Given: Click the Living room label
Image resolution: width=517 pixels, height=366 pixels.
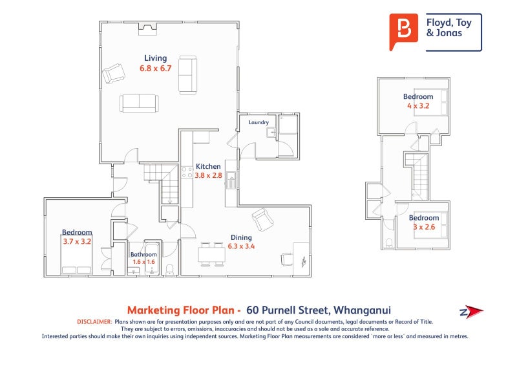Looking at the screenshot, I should point(155,58).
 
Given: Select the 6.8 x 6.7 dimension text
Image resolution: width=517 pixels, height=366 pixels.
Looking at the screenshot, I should point(155,68).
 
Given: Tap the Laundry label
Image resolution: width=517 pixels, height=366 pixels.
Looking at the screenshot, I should point(258,122).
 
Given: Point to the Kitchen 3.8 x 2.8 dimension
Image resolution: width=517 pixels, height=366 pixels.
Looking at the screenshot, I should point(208,175).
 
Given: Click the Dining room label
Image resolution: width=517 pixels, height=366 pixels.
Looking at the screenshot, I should point(241,237).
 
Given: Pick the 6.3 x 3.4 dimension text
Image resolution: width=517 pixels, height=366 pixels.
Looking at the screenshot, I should point(241,246).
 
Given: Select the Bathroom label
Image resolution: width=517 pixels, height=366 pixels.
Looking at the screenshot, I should point(143,254).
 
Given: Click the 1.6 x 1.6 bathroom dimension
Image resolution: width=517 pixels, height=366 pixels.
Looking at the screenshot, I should point(143,262).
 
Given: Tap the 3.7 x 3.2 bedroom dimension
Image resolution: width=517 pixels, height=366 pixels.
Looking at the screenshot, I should point(77,241).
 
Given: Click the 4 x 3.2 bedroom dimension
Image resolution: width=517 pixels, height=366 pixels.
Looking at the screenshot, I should point(418,105).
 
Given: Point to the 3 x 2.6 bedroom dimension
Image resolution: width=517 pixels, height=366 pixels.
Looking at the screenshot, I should point(424,226).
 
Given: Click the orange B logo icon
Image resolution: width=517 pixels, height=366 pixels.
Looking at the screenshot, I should point(405,30).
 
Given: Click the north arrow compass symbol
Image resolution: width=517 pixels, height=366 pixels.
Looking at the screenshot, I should point(471,312).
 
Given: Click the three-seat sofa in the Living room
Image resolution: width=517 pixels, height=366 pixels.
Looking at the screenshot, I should point(138,103).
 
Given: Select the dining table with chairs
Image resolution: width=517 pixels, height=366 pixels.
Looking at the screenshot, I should point(211,254).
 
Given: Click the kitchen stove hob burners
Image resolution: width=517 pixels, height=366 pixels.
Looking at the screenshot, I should point(185,172).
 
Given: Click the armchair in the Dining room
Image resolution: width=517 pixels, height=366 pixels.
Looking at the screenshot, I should point(262,219).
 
